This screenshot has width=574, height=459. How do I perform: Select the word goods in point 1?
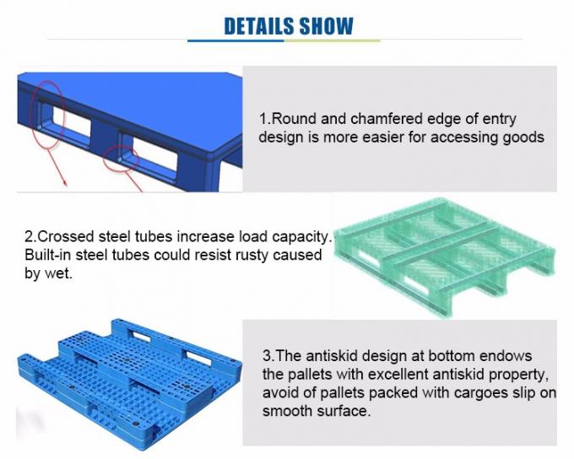523,137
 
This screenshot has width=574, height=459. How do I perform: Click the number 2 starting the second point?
28,236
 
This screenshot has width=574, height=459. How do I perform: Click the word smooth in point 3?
288,412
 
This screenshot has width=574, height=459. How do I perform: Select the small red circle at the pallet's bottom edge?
122,157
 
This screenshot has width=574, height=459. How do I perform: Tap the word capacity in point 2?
299,236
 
